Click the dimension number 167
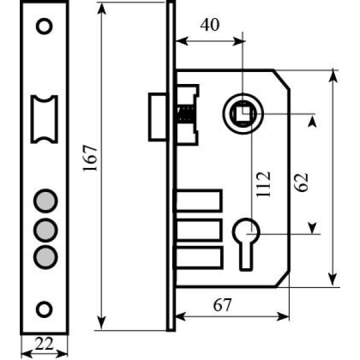pos(90,158)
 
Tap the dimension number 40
pos(210,25)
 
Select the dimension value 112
pos(263,184)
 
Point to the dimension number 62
pos(301,182)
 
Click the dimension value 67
pos(223,305)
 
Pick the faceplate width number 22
pos(44,343)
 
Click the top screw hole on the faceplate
pos(44,26)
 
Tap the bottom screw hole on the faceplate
pos(44,309)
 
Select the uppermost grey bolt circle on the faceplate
pos(46,201)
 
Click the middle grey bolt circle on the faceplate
pos(46,230)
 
